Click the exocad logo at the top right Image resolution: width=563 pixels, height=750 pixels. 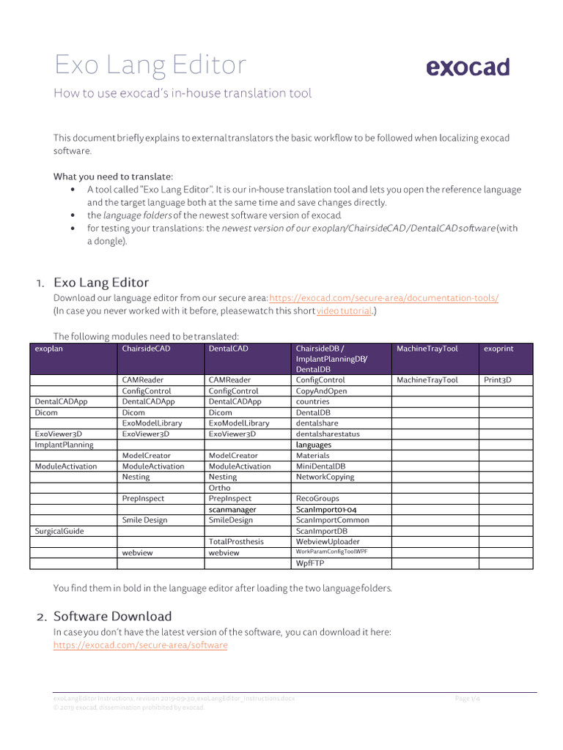467,67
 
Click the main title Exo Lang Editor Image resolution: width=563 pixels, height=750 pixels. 150,65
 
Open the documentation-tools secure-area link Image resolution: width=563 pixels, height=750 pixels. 383,298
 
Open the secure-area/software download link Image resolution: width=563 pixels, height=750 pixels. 140,645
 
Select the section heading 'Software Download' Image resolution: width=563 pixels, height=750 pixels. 112,616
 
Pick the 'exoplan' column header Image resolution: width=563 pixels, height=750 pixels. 50,349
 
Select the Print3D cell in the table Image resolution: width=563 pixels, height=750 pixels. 498,380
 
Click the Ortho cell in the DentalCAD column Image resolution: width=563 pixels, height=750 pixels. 219,488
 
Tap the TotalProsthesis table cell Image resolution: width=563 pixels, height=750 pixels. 235,541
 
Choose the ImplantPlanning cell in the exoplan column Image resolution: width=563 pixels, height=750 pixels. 64,445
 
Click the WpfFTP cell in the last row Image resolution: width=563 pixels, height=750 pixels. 309,564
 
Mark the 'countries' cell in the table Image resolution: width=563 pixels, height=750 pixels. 312,402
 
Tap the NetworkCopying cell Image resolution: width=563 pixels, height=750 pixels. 325,477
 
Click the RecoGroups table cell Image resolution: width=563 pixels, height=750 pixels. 317,499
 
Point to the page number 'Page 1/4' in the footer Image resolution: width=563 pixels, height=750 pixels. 467,699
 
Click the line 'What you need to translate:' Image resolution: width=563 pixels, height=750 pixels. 113,177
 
